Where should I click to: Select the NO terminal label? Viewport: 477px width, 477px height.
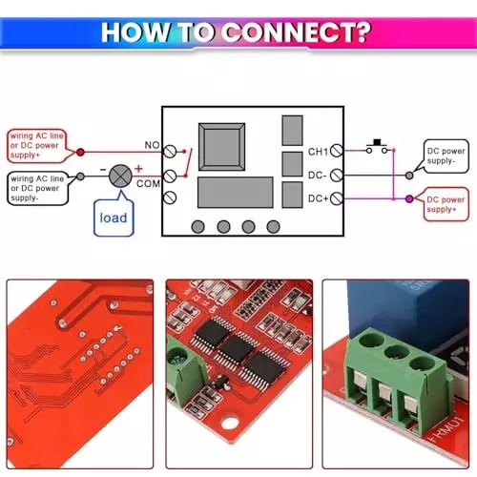(x=152, y=146)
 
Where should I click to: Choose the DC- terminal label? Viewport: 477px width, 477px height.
(x=319, y=175)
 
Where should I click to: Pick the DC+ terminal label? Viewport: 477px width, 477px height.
(x=319, y=198)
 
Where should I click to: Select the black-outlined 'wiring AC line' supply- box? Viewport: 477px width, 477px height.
(x=39, y=183)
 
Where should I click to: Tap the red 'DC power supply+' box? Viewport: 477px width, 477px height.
(x=446, y=205)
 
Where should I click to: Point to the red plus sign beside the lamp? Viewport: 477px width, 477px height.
(x=138, y=168)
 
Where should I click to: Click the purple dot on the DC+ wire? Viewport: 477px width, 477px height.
(x=408, y=198)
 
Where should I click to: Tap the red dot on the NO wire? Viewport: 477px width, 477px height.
(x=79, y=151)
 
